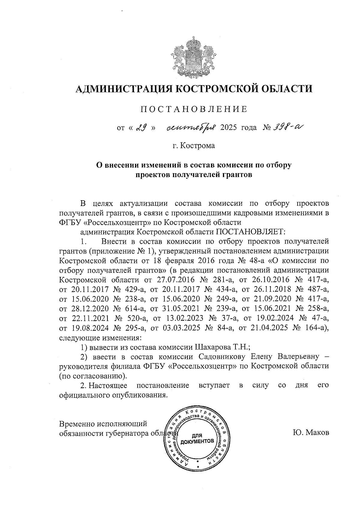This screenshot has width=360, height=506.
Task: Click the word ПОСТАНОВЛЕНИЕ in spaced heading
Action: [x=194, y=109]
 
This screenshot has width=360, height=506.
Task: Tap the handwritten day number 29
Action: [x=141, y=128]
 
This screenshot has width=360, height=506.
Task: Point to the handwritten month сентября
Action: [x=191, y=128]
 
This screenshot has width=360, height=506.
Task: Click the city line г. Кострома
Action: [x=194, y=146]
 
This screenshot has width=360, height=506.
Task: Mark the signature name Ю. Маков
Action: [x=311, y=433]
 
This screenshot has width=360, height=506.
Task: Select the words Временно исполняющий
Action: [x=103, y=424]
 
